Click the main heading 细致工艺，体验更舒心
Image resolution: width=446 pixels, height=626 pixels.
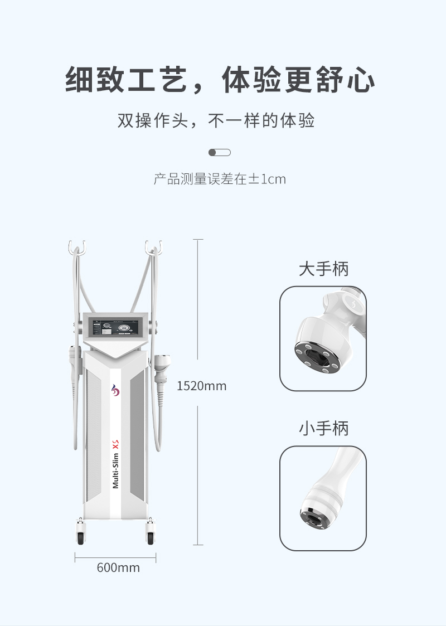click(x=220, y=80)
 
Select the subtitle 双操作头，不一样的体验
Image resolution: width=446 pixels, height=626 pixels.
click(x=216, y=120)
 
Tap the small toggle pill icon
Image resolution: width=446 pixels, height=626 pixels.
click(x=220, y=152)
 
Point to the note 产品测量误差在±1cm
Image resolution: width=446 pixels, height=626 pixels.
click(x=220, y=179)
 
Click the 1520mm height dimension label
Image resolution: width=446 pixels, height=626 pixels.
click(x=202, y=386)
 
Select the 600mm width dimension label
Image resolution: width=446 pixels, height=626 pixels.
click(x=118, y=567)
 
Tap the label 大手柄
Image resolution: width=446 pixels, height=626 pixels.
click(x=323, y=269)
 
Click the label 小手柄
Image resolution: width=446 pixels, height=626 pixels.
click(x=323, y=428)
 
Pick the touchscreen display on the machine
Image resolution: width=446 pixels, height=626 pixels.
click(x=115, y=327)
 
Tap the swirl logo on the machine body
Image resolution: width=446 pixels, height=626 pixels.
click(x=115, y=390)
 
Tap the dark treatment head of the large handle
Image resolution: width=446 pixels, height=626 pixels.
click(x=318, y=358)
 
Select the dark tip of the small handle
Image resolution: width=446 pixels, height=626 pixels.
click(x=313, y=518)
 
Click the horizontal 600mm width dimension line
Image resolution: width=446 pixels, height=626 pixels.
click(x=115, y=557)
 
